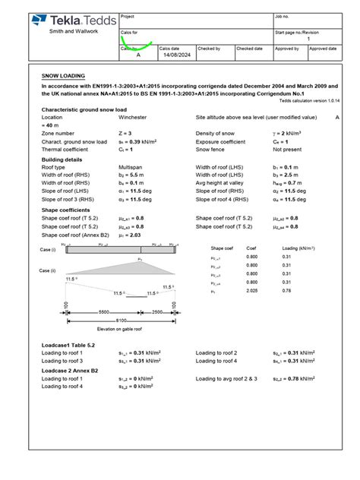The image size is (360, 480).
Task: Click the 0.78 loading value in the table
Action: (x=287, y=290)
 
